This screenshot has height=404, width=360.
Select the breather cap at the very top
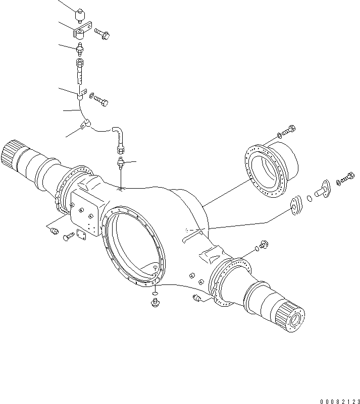80,15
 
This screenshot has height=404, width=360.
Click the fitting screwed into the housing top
121,162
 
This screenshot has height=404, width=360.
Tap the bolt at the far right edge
348,178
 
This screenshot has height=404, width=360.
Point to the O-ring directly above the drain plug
155,293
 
